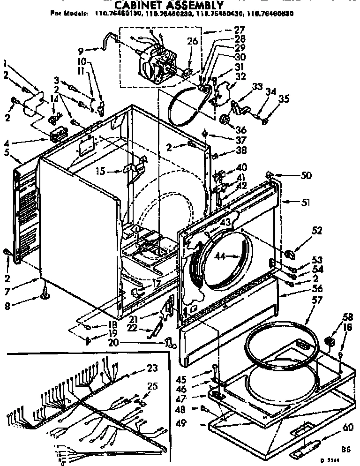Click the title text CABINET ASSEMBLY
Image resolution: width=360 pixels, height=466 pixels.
pyautogui.click(x=170, y=5)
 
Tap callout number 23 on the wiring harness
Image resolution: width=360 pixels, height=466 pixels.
pyautogui.click(x=152, y=368)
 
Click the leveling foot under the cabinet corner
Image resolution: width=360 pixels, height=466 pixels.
pyautogui.click(x=45, y=293)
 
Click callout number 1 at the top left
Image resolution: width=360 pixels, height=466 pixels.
pyautogui.click(x=5, y=64)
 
